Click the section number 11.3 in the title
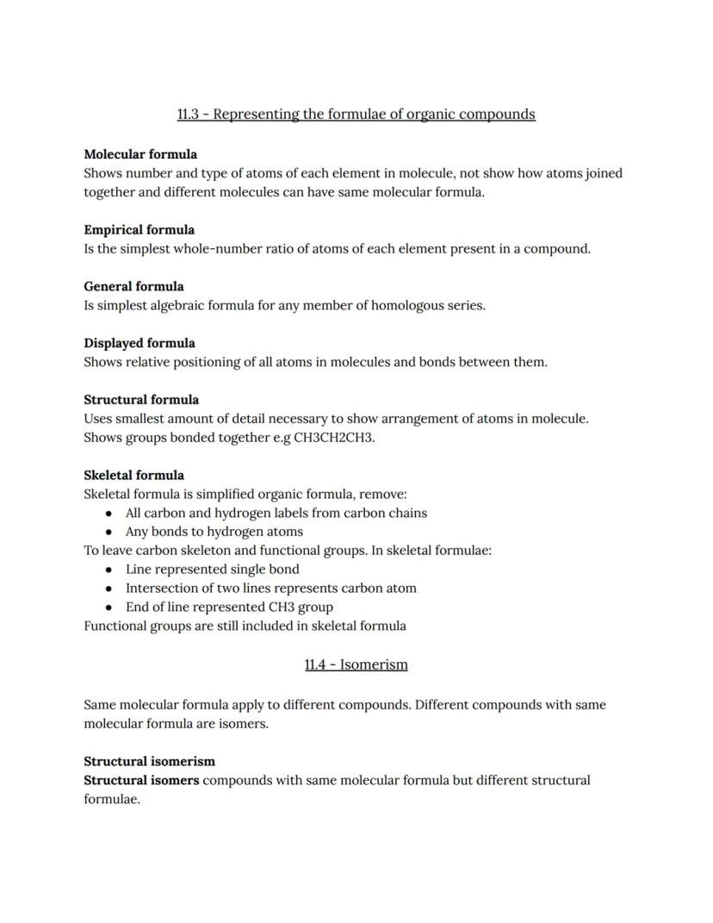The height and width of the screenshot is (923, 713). coord(188,114)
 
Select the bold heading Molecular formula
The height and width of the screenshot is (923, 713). coord(140,154)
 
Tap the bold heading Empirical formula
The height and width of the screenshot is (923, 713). coord(139,230)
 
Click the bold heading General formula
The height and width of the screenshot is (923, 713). coord(133,286)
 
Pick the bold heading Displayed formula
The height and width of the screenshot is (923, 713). coord(139,343)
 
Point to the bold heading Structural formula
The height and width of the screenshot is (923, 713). coord(141,400)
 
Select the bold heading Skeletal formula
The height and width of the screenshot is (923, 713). coord(133,475)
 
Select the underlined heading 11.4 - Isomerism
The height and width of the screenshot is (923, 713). coord(356,664)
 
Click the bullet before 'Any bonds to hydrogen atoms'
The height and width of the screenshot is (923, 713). coord(108,532)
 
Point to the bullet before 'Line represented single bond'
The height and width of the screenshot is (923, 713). coord(108,570)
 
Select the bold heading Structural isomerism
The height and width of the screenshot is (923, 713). coord(149,762)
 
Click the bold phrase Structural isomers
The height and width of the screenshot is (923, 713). coord(141,781)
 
